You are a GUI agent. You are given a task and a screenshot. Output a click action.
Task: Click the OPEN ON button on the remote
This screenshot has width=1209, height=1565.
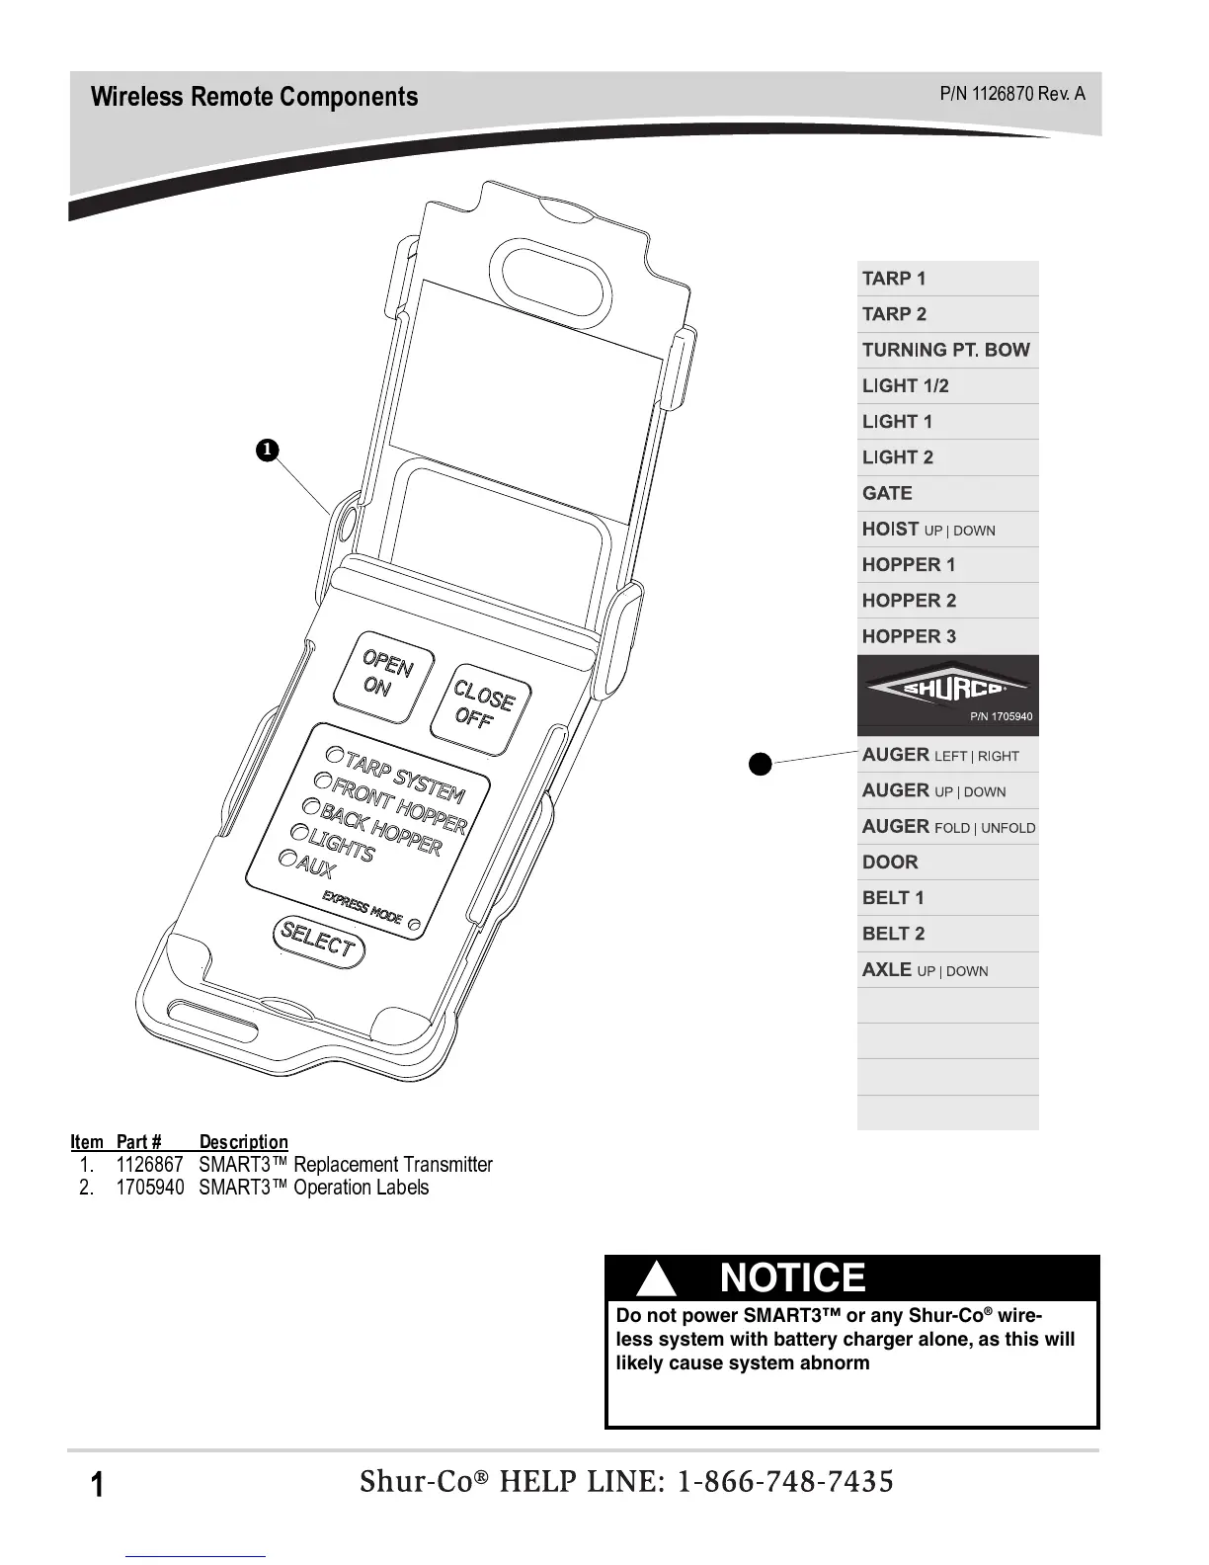click(381, 673)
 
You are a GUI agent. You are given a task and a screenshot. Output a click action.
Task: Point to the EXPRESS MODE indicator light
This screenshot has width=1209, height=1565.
click(415, 925)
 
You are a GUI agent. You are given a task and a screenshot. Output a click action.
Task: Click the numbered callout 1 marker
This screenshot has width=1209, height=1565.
click(266, 451)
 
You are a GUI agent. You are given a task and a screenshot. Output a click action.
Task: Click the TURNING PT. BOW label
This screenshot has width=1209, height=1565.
click(945, 350)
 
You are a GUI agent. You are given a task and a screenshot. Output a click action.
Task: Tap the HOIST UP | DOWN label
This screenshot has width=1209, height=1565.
click(927, 530)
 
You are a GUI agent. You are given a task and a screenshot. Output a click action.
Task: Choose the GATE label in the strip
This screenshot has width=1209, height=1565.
click(887, 493)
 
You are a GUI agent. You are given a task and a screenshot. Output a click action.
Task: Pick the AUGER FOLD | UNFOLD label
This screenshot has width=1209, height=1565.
click(948, 827)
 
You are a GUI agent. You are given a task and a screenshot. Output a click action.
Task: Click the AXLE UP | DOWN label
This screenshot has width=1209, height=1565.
click(925, 970)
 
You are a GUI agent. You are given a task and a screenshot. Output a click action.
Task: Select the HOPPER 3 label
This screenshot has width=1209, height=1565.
click(909, 636)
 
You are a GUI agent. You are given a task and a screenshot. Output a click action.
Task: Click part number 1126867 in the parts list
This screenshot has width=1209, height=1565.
click(150, 1165)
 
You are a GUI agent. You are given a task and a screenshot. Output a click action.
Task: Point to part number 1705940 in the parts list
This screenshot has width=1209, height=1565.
click(150, 1188)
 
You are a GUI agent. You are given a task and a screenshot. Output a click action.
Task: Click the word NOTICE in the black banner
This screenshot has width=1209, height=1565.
click(792, 1277)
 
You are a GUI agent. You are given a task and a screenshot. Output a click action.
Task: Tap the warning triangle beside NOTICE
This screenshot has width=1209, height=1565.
click(657, 1280)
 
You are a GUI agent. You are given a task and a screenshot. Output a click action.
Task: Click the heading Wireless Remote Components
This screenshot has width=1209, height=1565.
click(254, 97)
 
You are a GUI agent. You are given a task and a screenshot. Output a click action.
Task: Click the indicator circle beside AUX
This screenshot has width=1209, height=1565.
click(287, 859)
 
